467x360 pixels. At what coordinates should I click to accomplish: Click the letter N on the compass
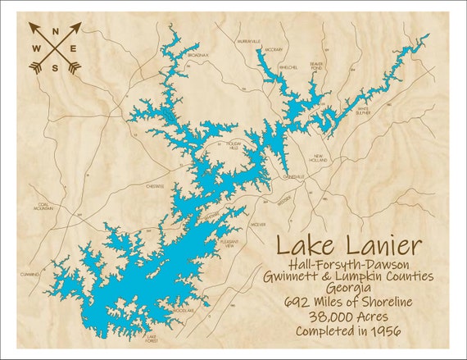56,34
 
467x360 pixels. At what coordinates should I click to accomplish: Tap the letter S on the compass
56,67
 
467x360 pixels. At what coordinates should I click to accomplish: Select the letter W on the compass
36,48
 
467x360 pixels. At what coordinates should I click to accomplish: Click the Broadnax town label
197,55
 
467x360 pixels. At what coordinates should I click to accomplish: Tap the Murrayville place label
249,40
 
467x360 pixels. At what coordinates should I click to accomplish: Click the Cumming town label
30,275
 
